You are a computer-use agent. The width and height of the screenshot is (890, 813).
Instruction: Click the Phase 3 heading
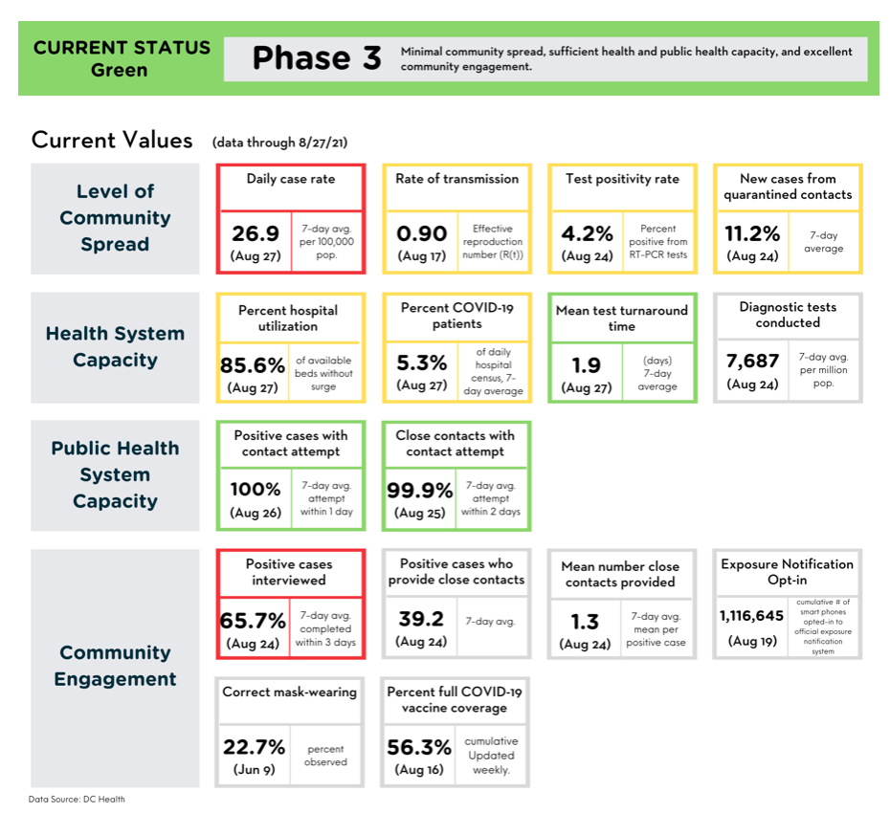point(317,58)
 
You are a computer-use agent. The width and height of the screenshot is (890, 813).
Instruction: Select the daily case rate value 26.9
point(256,233)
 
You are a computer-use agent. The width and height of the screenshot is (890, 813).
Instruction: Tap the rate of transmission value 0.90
point(422,233)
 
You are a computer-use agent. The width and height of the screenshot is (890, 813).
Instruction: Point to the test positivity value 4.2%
point(587,233)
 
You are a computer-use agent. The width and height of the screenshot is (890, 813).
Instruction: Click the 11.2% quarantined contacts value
point(752,233)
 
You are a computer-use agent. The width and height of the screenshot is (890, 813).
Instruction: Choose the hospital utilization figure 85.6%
point(253,365)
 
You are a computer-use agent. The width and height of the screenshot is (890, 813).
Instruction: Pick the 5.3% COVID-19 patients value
point(422,363)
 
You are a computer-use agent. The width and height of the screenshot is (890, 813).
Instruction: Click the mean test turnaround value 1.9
point(587,365)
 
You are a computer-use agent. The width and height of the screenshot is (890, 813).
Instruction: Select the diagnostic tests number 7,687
point(752,361)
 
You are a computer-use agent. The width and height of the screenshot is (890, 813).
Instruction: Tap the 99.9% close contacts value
point(420,490)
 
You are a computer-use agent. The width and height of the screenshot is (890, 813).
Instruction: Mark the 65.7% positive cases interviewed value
point(253,621)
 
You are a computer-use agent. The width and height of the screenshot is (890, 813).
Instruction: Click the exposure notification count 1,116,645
point(751,616)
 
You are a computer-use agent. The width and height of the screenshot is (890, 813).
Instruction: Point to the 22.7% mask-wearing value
point(254,747)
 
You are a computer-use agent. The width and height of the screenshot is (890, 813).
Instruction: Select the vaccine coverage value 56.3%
point(419,747)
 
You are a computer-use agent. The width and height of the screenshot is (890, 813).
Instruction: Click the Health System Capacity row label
point(115,346)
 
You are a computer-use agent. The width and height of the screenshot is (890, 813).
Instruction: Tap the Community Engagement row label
point(115,666)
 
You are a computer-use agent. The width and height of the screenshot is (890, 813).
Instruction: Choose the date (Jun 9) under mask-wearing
point(254,769)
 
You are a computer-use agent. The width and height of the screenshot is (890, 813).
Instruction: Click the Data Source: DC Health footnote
point(77,799)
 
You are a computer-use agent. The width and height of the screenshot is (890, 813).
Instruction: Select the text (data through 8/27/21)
point(279,142)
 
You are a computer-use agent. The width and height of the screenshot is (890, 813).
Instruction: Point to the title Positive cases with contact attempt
point(291,443)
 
